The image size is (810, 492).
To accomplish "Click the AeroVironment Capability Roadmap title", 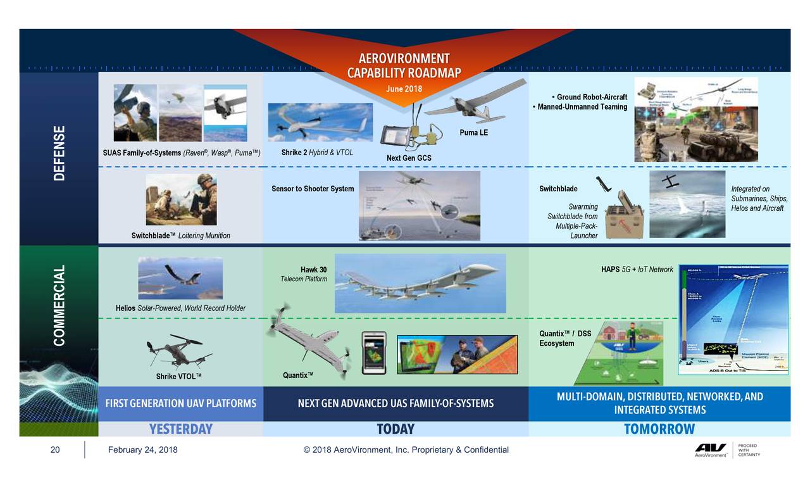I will [404, 65].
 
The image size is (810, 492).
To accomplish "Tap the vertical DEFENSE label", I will [59, 153].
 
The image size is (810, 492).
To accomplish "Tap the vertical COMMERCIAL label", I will [59, 306].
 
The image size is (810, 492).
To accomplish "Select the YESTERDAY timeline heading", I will [180, 429].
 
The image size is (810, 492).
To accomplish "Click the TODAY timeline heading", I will [396, 429].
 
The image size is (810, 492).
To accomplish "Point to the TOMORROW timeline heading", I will [659, 429].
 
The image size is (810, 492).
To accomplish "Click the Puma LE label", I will [473, 132].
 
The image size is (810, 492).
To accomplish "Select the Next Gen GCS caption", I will [409, 158].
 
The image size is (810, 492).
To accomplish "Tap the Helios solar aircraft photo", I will [180, 277].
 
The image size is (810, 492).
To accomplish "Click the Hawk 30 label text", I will [313, 270].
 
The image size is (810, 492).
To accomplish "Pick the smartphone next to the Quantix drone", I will [374, 353].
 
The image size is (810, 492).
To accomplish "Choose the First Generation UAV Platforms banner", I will [181, 403].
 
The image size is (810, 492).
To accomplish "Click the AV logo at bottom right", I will [711, 449].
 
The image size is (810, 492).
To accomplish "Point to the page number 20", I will [55, 450].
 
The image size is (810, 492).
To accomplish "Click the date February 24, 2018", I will [142, 450].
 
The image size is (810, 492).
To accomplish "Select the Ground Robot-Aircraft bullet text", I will [591, 97].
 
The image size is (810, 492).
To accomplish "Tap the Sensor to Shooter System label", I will [313, 189].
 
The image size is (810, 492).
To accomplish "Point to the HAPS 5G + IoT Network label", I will [637, 270].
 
